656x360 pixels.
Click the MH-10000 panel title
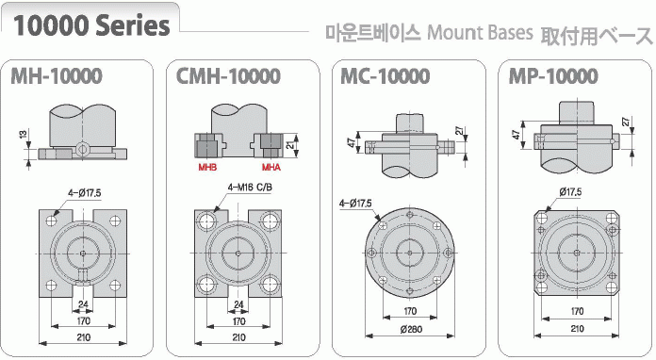tap(57, 76)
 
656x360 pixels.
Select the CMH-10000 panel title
tap(228, 76)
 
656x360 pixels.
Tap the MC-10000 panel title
tap(385, 76)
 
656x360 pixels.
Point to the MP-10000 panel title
tap(553, 76)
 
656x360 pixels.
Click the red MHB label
tap(207, 167)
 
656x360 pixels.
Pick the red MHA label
tap(271, 167)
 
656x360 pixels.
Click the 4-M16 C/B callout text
tap(250, 188)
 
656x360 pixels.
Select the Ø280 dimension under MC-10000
tap(411, 330)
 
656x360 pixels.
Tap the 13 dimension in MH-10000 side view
tap(23, 134)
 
